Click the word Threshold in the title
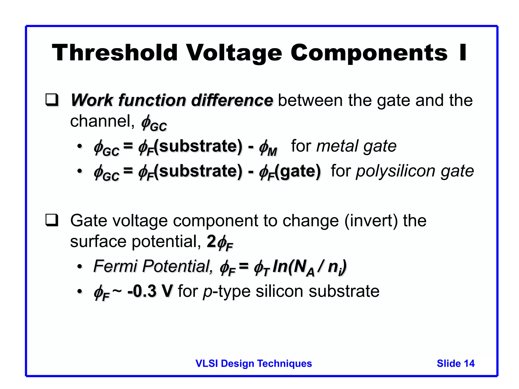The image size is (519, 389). tap(115, 53)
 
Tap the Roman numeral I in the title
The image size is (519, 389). tap(463, 53)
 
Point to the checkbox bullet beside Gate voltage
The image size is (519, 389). tap(52, 220)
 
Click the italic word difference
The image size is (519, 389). tap(232, 100)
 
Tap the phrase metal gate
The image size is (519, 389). tap(356, 146)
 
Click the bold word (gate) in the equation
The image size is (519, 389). tap(298, 171)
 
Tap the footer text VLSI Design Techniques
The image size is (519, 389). tap(253, 363)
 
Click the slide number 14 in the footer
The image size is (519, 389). tap(469, 363)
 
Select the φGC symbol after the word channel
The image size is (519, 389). tap(154, 123)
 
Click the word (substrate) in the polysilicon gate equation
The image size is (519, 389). tap(198, 171)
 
